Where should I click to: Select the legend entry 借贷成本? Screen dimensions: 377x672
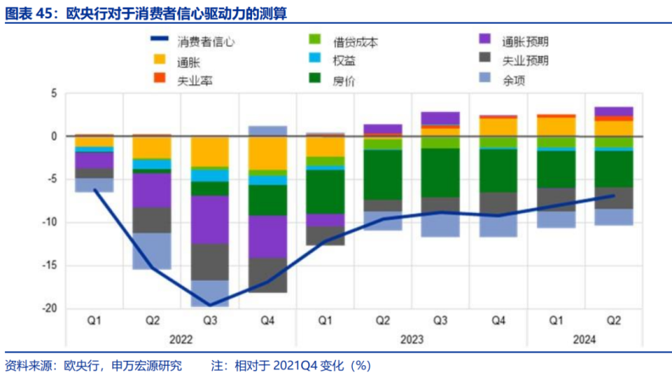click(x=356, y=42)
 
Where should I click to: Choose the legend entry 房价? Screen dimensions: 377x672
click(x=344, y=80)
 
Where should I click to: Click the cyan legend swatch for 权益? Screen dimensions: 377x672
click(x=315, y=61)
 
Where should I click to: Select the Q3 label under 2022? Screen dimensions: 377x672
click(x=210, y=321)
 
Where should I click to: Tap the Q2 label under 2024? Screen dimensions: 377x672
click(x=613, y=321)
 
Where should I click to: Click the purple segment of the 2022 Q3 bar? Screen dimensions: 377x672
click(x=210, y=219)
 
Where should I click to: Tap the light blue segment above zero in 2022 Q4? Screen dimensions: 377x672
click(x=268, y=130)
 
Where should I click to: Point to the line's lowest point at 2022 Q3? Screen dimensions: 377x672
click(x=210, y=306)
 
